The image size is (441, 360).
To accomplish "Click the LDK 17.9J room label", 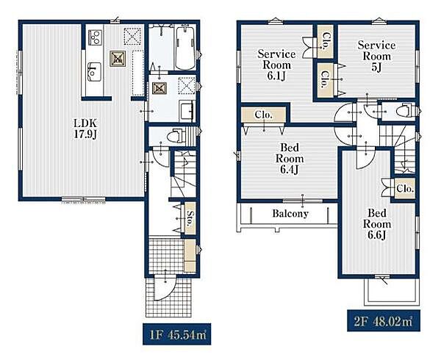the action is coord(85,129).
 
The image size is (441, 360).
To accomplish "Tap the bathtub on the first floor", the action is coord(185,47).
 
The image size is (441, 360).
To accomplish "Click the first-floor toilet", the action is coord(175,137).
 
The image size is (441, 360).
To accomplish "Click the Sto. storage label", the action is coord(190,218).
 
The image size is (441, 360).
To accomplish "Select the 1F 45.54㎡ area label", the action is coord(177,334).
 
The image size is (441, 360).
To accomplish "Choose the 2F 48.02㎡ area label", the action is coord(384,320).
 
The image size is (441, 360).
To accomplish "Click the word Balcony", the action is coord(290,214).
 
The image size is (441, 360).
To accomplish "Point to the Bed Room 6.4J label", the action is coord(290,159).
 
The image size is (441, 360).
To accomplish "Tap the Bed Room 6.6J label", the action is coord(377,224).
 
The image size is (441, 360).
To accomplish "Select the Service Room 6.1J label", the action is coord(276,65).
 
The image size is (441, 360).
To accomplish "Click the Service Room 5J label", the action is coord(376,57).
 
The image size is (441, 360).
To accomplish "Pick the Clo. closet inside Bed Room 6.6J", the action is coord(405,189).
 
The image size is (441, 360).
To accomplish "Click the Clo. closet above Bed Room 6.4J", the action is coord(264,115).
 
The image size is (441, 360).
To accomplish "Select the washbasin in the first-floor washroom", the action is coord(186,111).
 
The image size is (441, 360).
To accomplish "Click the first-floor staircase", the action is coord(183,173).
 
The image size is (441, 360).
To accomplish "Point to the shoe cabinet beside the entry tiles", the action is coord(190,256).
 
